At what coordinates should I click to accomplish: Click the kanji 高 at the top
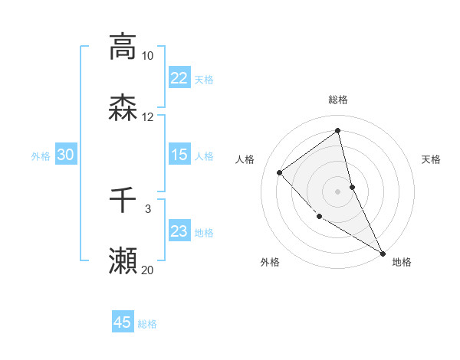(x=123, y=47)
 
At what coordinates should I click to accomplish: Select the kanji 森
(x=123, y=108)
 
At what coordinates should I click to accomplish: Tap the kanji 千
(x=123, y=201)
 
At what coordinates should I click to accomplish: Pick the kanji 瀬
(x=123, y=261)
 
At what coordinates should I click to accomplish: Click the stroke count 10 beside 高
(x=147, y=56)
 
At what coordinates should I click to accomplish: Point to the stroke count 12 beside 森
(x=147, y=117)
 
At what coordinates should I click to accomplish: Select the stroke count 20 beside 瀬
(x=147, y=270)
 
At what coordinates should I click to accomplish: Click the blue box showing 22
(x=179, y=78)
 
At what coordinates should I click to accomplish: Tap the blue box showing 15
(x=179, y=155)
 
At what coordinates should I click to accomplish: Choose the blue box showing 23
(x=179, y=231)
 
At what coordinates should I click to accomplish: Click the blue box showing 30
(x=66, y=155)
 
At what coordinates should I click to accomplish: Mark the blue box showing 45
(x=123, y=322)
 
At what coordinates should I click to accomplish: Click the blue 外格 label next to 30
(x=41, y=155)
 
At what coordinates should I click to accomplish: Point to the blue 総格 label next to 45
(x=147, y=323)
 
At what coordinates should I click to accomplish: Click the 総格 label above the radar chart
(x=338, y=100)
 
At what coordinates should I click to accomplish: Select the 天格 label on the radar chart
(x=432, y=159)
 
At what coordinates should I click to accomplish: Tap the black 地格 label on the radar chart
(x=402, y=262)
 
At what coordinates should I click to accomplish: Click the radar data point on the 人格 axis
(x=280, y=172)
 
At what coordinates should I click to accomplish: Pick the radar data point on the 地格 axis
(x=383, y=253)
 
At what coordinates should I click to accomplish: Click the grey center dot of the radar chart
(x=338, y=191)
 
